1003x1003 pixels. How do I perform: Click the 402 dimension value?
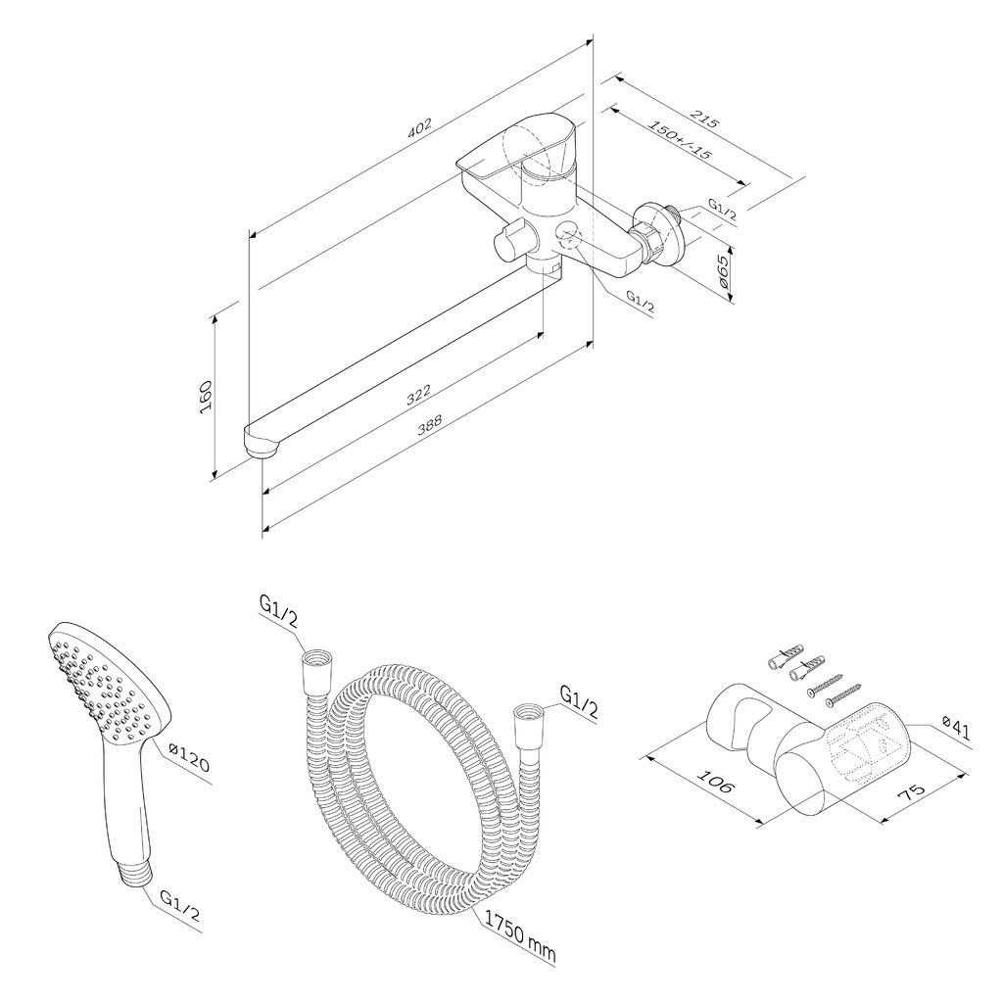pyautogui.click(x=419, y=127)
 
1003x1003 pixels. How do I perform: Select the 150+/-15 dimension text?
pyautogui.click(x=680, y=139)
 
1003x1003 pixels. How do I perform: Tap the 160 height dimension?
pyautogui.click(x=206, y=396)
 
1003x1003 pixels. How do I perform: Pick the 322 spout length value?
pyautogui.click(x=419, y=395)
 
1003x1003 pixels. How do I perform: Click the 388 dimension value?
pyautogui.click(x=429, y=425)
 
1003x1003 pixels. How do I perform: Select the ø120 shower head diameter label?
pyautogui.click(x=188, y=757)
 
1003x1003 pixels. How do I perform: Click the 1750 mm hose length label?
pyautogui.click(x=519, y=939)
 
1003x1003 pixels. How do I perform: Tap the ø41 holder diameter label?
pyautogui.click(x=956, y=728)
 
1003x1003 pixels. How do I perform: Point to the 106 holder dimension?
pyautogui.click(x=713, y=782)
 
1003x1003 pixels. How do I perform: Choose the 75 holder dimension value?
pyautogui.click(x=911, y=791)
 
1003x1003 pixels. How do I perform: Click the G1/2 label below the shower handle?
pyautogui.click(x=180, y=907)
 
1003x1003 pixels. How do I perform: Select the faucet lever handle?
pyautogui.click(x=518, y=146)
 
